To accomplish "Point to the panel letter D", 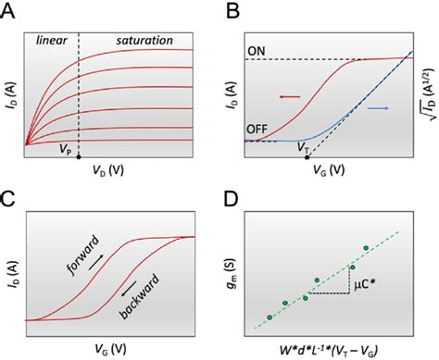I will [x=232, y=198].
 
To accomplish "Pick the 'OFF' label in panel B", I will [x=260, y=130].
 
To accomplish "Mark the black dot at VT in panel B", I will [x=307, y=157].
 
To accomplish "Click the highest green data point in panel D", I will [x=367, y=248].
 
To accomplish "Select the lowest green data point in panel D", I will [x=270, y=317].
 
